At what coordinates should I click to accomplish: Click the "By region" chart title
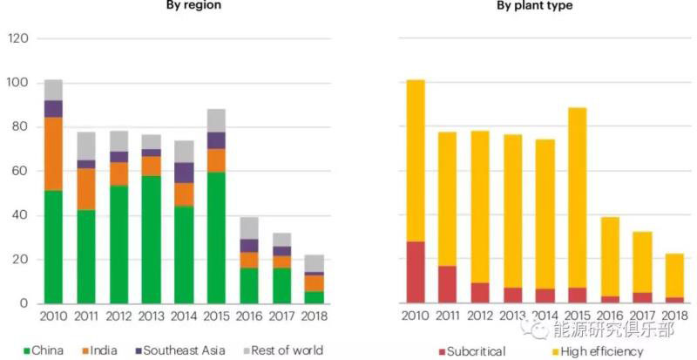click(x=193, y=5)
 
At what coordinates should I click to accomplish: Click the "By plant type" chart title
click(x=535, y=5)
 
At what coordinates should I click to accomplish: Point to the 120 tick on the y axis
click(x=17, y=39)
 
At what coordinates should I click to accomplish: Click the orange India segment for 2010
click(x=53, y=153)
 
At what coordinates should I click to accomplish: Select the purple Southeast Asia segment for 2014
click(x=185, y=173)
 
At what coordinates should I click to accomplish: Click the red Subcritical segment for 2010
click(x=416, y=272)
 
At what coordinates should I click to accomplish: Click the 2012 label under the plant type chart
click(x=480, y=316)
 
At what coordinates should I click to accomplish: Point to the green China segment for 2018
click(x=315, y=297)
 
